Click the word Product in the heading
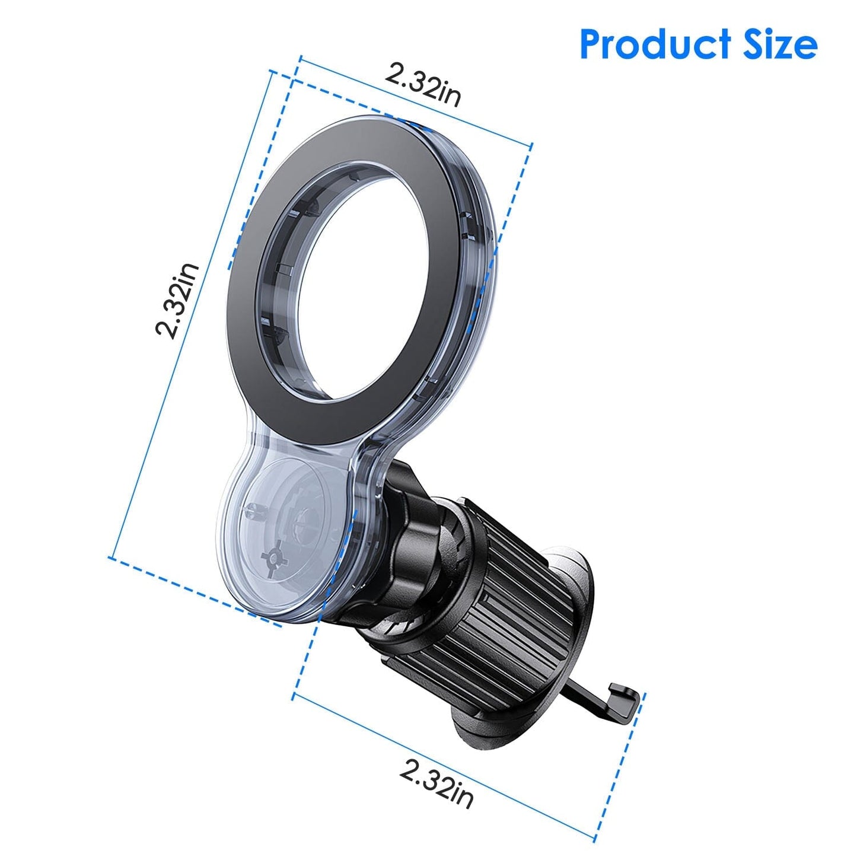click(655, 44)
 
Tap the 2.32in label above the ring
click(422, 85)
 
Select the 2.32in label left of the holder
click(176, 300)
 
